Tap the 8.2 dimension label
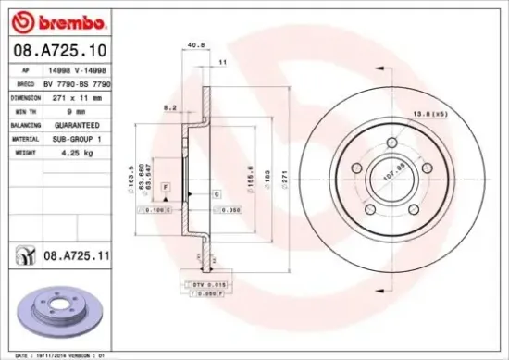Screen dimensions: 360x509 pos(169,107)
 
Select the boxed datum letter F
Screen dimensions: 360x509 pos(165,188)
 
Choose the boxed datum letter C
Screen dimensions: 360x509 pos(216,194)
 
